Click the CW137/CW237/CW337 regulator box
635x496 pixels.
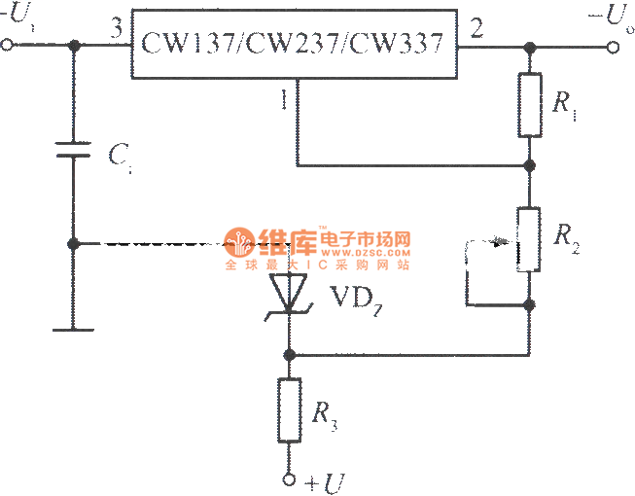coord(295,44)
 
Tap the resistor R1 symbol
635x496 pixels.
coord(529,105)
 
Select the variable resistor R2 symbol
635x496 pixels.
coord(529,238)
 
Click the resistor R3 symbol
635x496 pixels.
coord(289,409)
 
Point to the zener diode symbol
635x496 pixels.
coord(289,292)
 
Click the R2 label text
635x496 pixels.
coord(565,235)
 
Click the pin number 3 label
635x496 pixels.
coord(117,29)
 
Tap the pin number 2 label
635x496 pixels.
coord(476,28)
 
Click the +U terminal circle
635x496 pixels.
coord(289,478)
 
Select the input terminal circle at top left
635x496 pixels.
coord(8,46)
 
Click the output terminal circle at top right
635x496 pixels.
coord(624,46)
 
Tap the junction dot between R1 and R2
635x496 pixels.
coord(529,166)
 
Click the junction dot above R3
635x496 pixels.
coord(289,355)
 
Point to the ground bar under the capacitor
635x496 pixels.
coord(73,330)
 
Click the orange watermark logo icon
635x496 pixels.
coord(239,241)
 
